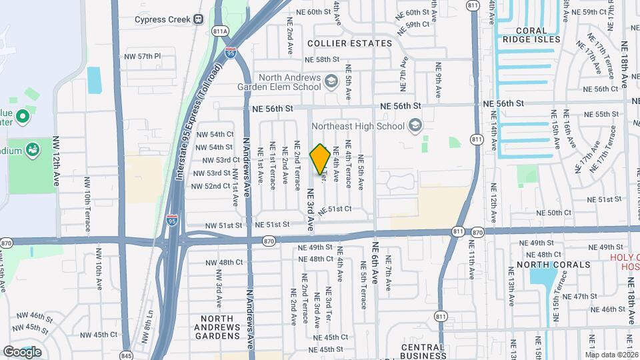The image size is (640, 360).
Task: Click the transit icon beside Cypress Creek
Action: pyautogui.click(x=199, y=19)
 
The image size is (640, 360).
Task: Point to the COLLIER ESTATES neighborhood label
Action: pyautogui.click(x=350, y=43)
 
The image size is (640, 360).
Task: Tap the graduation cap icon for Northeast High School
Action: pyautogui.click(x=415, y=125)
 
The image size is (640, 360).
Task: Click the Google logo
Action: pyautogui.click(x=22, y=351)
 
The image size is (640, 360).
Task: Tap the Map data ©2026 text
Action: pyautogui.click(x=611, y=354)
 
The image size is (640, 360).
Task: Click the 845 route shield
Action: pyautogui.click(x=126, y=354)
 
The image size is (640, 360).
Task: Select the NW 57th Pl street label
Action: pyautogui.click(x=143, y=57)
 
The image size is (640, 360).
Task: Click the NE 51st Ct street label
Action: pyautogui.click(x=335, y=209)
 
